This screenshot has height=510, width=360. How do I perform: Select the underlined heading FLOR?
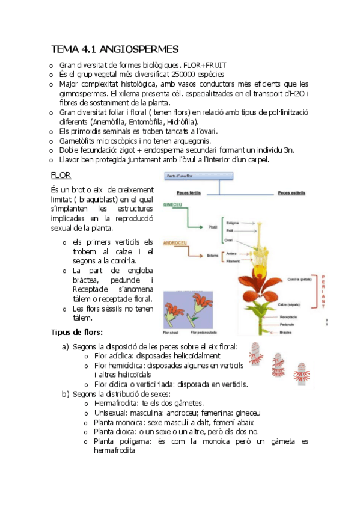pos(61,175)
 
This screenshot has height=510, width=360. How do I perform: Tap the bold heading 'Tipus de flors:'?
pos(77,332)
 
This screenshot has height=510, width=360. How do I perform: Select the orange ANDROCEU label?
pos(175,243)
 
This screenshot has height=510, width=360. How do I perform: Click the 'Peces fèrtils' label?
pos(191,194)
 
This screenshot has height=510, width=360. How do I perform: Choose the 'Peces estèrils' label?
pos(291,194)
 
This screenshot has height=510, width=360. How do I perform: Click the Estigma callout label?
pos(234,222)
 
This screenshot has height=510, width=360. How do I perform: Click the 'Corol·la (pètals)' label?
pos(299,280)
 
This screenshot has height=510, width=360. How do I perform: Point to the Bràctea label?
pos(285,331)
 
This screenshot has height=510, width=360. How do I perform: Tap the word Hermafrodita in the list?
pos(118,403)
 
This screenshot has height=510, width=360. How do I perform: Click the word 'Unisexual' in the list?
pos(111,413)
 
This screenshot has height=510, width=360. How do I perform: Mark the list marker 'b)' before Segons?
pos(65,394)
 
